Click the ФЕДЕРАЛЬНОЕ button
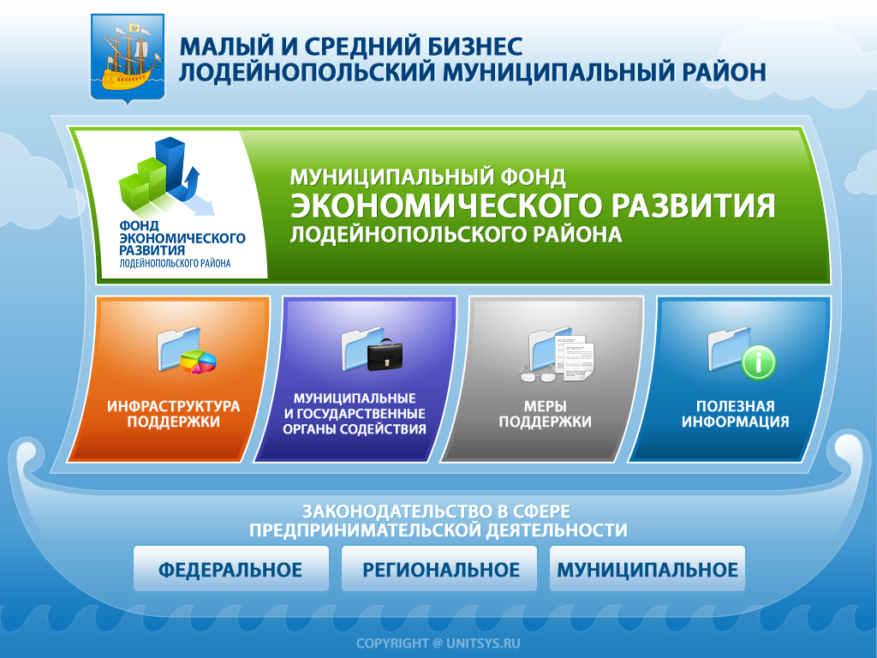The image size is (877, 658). pyautogui.click(x=230, y=570)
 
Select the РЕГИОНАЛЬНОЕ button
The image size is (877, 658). pyautogui.click(x=439, y=570)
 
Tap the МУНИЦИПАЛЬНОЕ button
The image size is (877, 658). pyautogui.click(x=647, y=570)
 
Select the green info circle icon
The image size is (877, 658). pyautogui.click(x=758, y=362)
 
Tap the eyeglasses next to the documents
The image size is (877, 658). pyautogui.click(x=538, y=374)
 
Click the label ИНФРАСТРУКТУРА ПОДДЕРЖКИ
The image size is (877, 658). pyautogui.click(x=174, y=414)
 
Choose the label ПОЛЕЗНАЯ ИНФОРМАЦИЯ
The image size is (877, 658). pyautogui.click(x=735, y=414)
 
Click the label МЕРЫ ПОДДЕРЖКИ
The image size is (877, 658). pyautogui.click(x=545, y=414)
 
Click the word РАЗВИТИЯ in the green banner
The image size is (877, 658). pyautogui.click(x=693, y=206)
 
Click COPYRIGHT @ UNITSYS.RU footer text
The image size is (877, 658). pyautogui.click(x=438, y=643)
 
